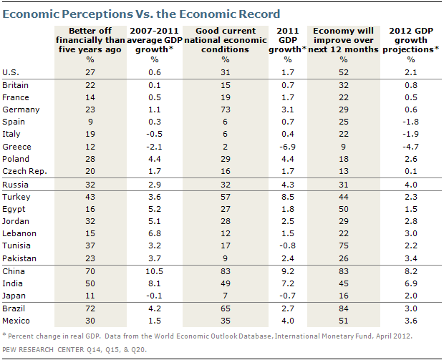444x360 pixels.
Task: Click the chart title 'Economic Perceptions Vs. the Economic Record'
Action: (x=142, y=14)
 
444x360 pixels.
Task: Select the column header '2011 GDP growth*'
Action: (x=289, y=40)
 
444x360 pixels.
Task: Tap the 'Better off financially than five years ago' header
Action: (x=90, y=40)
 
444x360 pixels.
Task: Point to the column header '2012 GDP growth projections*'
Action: (x=412, y=40)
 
